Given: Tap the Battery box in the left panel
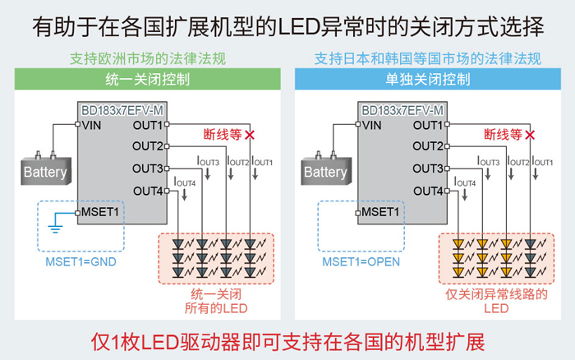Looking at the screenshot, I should click(x=45, y=173).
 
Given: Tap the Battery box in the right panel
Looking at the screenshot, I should click(x=325, y=173).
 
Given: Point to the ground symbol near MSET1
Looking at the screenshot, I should click(x=54, y=220).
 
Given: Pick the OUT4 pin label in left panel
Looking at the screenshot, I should click(x=148, y=192).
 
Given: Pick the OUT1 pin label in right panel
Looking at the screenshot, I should click(x=428, y=125).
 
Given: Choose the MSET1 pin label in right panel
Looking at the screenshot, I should click(x=379, y=213).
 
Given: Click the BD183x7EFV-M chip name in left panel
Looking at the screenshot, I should click(x=121, y=109).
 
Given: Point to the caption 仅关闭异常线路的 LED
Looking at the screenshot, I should click(x=495, y=300).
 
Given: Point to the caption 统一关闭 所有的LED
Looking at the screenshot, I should click(x=215, y=300).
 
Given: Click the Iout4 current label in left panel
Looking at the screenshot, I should click(x=185, y=182).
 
